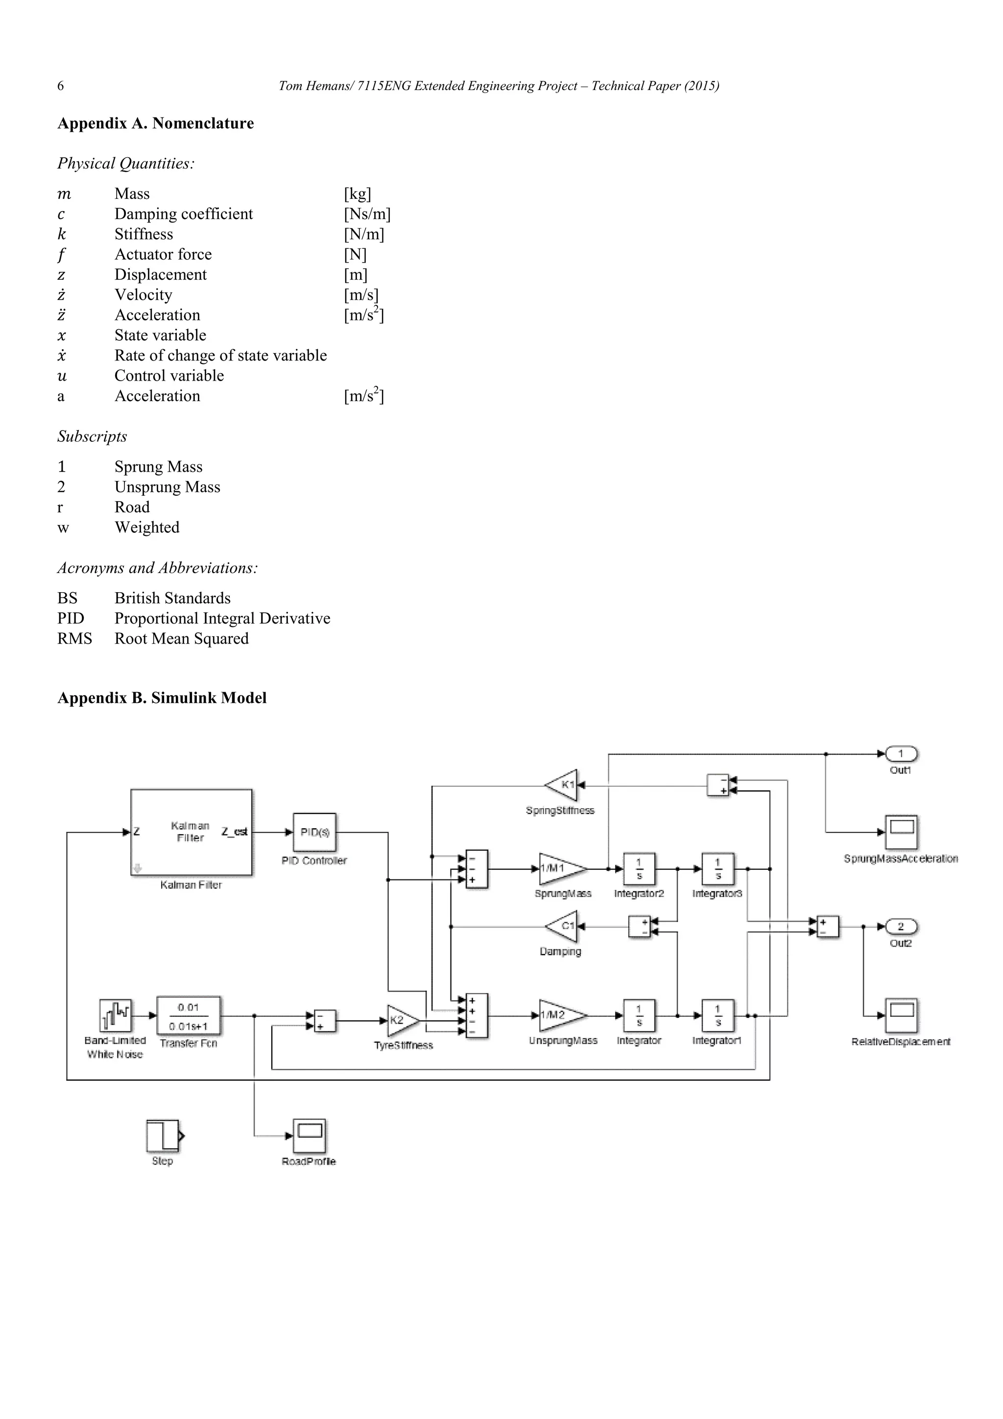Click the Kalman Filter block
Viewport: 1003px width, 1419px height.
click(x=191, y=832)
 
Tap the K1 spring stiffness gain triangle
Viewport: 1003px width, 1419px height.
click(x=564, y=785)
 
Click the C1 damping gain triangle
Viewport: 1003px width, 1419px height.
click(x=564, y=926)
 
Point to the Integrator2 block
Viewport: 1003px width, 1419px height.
click(x=639, y=868)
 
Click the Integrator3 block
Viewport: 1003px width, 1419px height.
click(x=717, y=868)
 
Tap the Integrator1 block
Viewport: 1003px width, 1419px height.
click(x=717, y=1015)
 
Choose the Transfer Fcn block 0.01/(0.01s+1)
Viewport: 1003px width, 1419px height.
click(x=189, y=1016)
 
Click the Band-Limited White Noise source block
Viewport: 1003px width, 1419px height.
click(x=116, y=1015)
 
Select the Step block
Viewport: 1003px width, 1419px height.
click(x=163, y=1135)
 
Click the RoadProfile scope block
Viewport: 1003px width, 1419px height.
click(x=309, y=1135)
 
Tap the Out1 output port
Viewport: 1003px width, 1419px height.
click(x=901, y=754)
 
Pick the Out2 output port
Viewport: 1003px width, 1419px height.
click(x=901, y=926)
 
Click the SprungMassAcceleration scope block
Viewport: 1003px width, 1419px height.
click(x=901, y=832)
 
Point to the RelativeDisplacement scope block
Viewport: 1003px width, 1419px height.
click(x=901, y=1015)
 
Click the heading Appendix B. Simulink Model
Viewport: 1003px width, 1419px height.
click(x=162, y=698)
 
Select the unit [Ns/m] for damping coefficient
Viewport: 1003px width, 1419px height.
click(x=367, y=214)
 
